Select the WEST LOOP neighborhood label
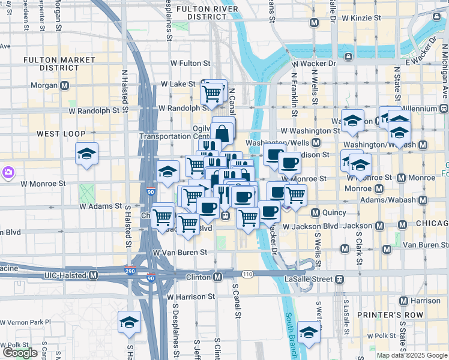tap(58, 133)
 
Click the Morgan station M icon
tap(64, 86)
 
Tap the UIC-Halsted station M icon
tap(93, 275)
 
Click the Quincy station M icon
tap(314, 212)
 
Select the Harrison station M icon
tap(403, 301)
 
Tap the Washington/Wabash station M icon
tap(423, 145)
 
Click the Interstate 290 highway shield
tap(129, 271)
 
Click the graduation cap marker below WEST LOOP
tap(87, 155)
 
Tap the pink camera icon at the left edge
tap(8, 173)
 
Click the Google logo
tap(20, 352)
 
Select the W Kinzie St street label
tap(352, 18)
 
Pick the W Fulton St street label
tap(190, 62)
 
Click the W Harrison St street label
tap(191, 296)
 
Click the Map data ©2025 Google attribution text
tap(412, 355)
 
